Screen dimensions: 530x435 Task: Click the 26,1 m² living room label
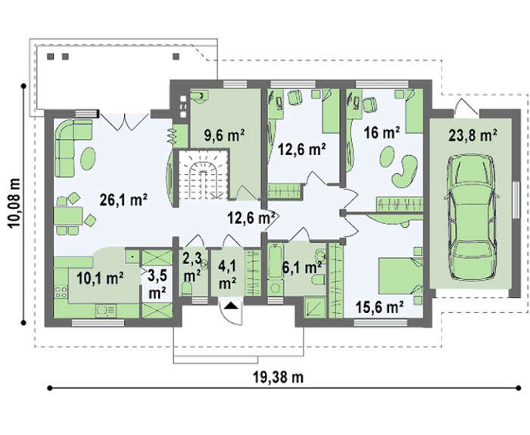tap(123, 200)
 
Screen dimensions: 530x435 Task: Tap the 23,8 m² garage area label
tap(472, 135)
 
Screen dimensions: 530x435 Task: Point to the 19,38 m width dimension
tap(278, 377)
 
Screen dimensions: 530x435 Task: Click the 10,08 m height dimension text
tap(14, 203)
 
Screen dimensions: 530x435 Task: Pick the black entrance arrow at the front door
tap(232, 306)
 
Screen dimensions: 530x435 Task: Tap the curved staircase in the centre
tap(203, 175)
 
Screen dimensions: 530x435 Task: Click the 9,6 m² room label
tap(225, 135)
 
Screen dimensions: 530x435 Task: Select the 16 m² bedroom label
tap(382, 132)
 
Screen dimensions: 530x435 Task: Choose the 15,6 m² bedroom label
tap(379, 307)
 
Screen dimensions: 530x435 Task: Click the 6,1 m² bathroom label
tap(302, 268)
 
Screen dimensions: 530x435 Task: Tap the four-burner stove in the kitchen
tap(61, 292)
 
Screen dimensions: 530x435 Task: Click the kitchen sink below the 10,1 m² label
tap(105, 311)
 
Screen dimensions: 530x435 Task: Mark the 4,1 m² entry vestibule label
tap(227, 275)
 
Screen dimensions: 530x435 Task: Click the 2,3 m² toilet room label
tap(192, 267)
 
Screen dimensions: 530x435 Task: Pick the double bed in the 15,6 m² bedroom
tap(401, 275)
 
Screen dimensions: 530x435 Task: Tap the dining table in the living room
tap(68, 216)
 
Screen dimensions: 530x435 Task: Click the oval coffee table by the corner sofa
tap(89, 159)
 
